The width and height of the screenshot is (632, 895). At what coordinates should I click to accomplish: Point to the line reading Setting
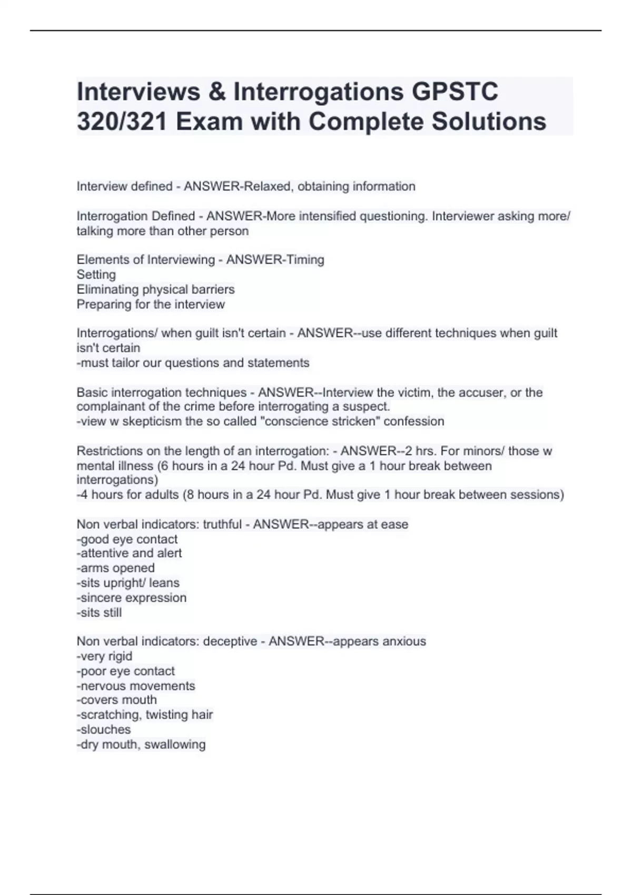[x=96, y=274]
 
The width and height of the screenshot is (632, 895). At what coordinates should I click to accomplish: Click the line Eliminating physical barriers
[x=155, y=289]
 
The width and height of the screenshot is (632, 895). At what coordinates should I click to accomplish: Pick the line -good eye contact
[x=127, y=539]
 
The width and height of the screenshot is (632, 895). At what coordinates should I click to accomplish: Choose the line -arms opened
[x=115, y=568]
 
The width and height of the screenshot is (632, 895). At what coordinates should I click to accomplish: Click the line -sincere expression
[x=131, y=598]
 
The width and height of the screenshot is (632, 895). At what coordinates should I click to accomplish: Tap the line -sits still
[x=99, y=612]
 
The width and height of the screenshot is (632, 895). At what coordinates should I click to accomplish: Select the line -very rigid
[x=104, y=656]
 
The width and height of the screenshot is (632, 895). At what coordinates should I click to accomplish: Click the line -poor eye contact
[x=125, y=671]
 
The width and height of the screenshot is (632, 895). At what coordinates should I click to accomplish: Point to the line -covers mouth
[x=116, y=700]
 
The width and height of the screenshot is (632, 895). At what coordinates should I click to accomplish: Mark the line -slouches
[x=103, y=729]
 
